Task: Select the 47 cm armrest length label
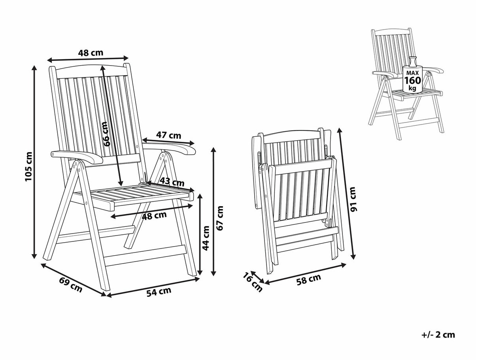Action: click(x=168, y=136)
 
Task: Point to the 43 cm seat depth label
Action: click(x=172, y=182)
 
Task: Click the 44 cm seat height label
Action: click(x=206, y=238)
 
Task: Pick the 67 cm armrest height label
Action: click(x=219, y=218)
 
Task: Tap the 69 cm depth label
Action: click(x=71, y=285)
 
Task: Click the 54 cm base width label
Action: click(x=159, y=292)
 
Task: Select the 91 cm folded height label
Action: click(x=353, y=199)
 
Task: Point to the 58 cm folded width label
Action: click(x=309, y=279)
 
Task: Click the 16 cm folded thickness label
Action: click(x=253, y=282)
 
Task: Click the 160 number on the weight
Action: click(x=413, y=81)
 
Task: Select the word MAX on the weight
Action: click(x=413, y=73)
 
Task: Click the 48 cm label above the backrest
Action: click(x=91, y=53)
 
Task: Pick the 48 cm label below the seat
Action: click(x=154, y=215)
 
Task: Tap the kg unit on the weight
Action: click(x=413, y=89)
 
